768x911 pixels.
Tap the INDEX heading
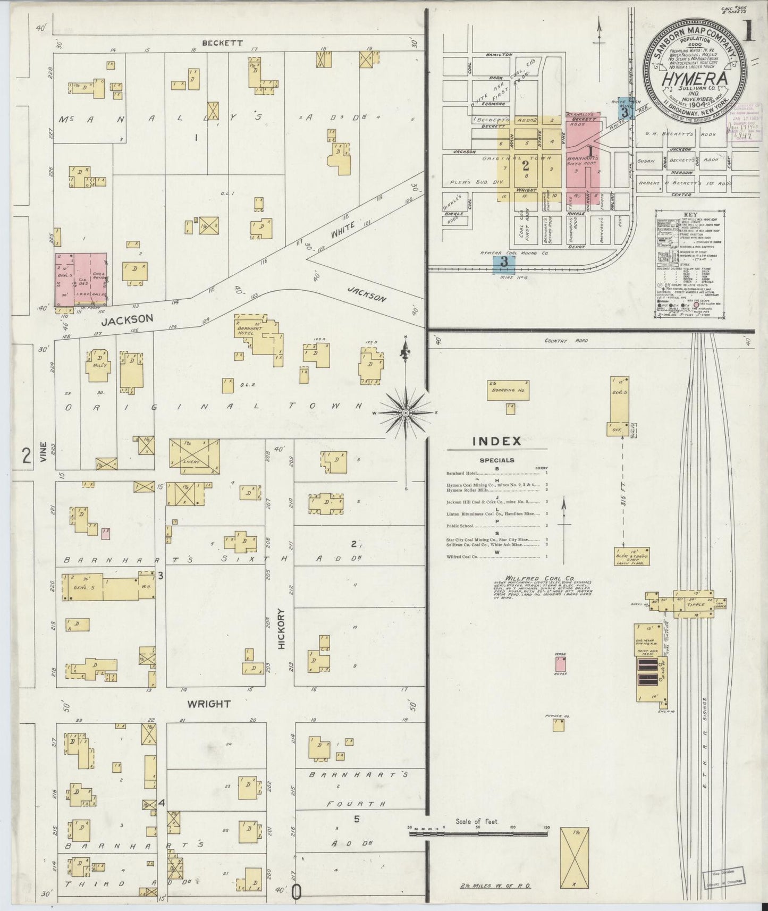tap(497, 441)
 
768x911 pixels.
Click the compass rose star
tap(406, 412)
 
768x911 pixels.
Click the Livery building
tap(195, 456)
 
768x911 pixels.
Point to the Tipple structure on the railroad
tap(695, 604)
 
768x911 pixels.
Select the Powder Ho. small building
tap(558, 724)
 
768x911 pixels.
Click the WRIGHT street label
tap(209, 704)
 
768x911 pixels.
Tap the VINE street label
tap(43, 452)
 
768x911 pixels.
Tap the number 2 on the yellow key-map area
tap(525, 164)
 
